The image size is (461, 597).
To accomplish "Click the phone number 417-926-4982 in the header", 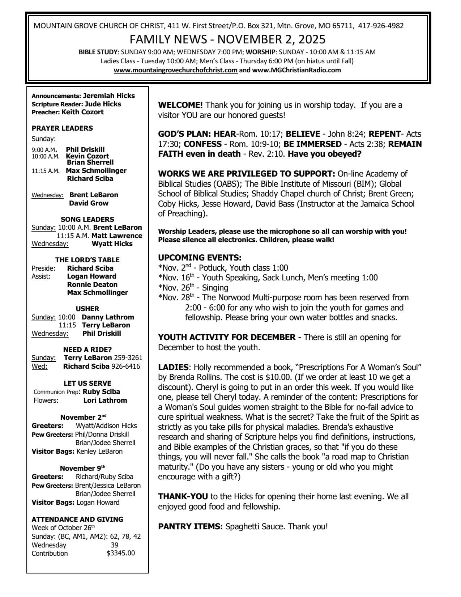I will click(381, 26).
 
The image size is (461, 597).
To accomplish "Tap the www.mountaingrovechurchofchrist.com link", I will click(176, 70).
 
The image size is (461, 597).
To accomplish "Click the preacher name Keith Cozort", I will click(82, 112).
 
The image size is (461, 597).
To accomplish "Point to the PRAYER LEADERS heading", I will click(62, 128).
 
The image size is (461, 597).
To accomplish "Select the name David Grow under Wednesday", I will click(89, 203).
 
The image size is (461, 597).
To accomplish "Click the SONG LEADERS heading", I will click(87, 219).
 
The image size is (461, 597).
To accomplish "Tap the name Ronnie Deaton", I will click(92, 284).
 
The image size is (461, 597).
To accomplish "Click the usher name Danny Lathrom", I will click(108, 317).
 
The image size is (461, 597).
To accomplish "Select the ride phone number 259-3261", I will click(128, 357).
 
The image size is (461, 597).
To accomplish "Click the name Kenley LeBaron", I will click(99, 451).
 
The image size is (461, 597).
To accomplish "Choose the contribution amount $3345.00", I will click(121, 553).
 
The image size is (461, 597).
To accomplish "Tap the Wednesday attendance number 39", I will click(114, 545).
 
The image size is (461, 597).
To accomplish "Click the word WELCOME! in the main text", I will click(180, 105).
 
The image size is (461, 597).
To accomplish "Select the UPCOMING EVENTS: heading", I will click(200, 258).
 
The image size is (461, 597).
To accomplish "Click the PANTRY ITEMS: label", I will click(190, 526).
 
